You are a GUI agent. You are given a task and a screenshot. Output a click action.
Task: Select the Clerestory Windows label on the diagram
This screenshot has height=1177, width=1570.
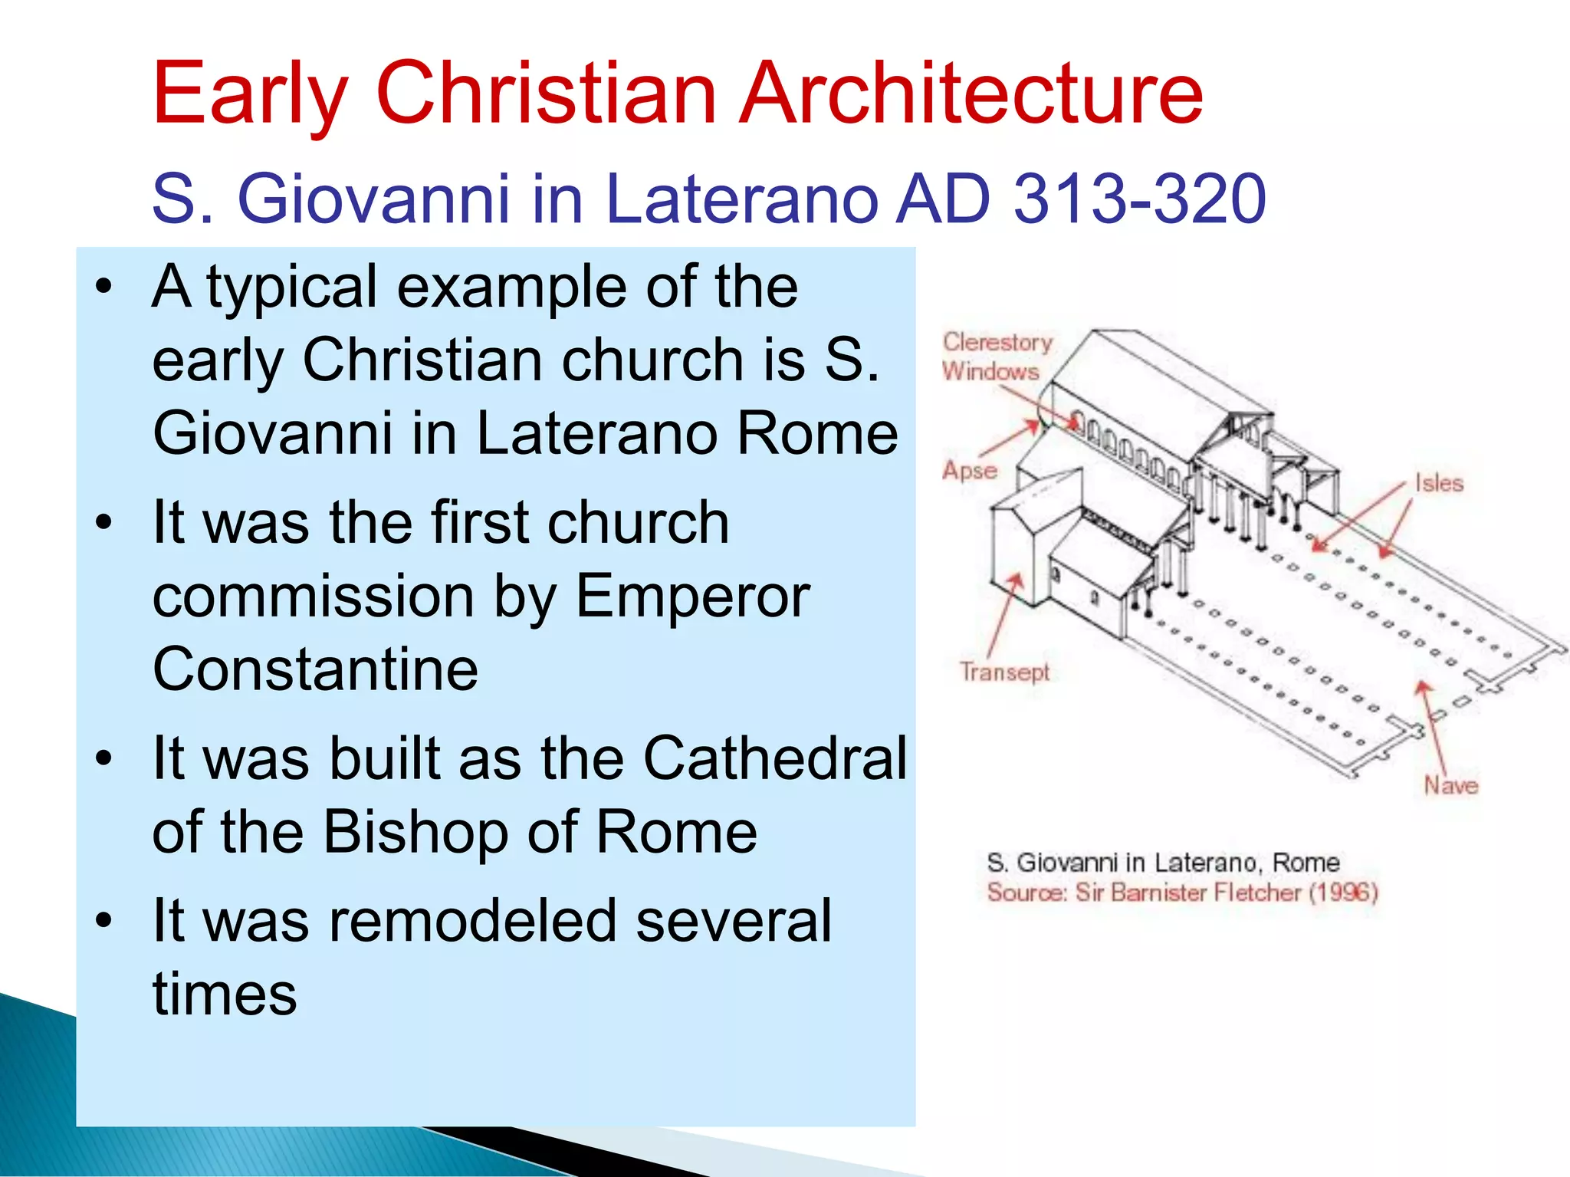[x=996, y=357]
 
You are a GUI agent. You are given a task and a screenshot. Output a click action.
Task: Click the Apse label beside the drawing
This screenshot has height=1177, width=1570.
[x=970, y=470]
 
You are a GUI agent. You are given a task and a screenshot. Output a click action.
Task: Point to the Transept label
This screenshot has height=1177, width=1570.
[x=1004, y=672]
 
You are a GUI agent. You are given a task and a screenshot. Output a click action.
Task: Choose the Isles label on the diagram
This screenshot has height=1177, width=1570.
[x=1439, y=483]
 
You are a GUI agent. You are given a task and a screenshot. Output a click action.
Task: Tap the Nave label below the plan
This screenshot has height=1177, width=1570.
[x=1450, y=785]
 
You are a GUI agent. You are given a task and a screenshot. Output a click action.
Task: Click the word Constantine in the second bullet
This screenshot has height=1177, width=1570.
[x=315, y=669]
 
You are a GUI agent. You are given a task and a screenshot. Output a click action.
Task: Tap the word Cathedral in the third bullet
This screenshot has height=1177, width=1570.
[x=774, y=758]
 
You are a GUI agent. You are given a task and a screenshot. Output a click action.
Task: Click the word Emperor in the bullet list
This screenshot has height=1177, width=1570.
[x=692, y=596]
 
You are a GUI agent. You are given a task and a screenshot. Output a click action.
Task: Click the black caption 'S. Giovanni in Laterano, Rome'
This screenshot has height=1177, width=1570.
[x=1162, y=863]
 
